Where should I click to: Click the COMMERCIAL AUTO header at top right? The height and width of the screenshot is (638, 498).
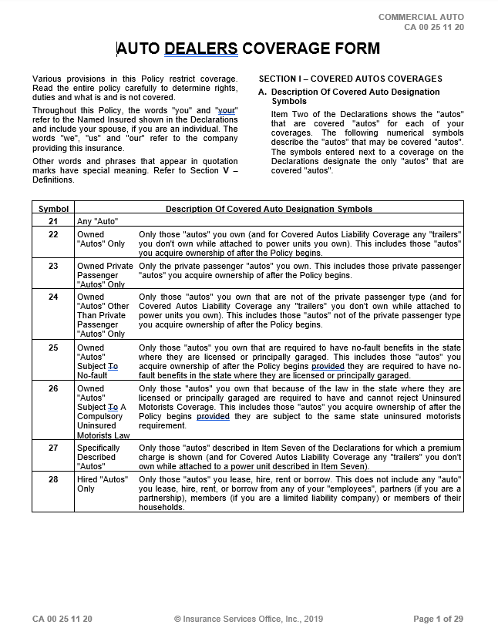421,17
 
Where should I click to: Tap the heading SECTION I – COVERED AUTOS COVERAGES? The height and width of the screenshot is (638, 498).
350,79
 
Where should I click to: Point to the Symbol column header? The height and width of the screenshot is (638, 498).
53,209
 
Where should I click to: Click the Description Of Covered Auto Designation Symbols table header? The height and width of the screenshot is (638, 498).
269,209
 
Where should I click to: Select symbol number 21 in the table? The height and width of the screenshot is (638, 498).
53,221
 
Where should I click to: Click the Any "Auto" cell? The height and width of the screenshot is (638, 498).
97,221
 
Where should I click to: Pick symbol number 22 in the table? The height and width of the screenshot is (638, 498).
53,233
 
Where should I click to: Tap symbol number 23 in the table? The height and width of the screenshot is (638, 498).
53,266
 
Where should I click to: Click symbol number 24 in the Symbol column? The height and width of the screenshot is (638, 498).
53,297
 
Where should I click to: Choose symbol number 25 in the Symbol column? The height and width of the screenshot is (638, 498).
53,348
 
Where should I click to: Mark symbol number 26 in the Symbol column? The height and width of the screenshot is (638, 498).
53,388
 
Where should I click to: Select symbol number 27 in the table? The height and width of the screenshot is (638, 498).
53,448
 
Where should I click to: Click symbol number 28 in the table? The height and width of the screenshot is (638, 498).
53,479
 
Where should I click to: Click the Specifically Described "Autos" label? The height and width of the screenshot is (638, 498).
100,456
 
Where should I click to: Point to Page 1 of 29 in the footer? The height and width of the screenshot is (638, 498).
438,619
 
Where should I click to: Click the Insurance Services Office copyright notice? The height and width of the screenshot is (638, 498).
248,619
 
